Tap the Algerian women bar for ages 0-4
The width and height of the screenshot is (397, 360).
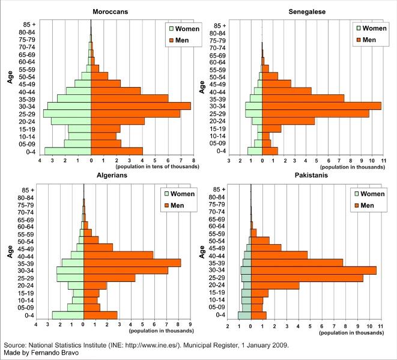coord(68,315)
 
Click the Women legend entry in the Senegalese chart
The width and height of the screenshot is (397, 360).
coord(370,28)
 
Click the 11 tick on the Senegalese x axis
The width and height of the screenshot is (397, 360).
coord(380,161)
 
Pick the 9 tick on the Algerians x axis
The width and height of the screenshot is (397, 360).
coord(190,325)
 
